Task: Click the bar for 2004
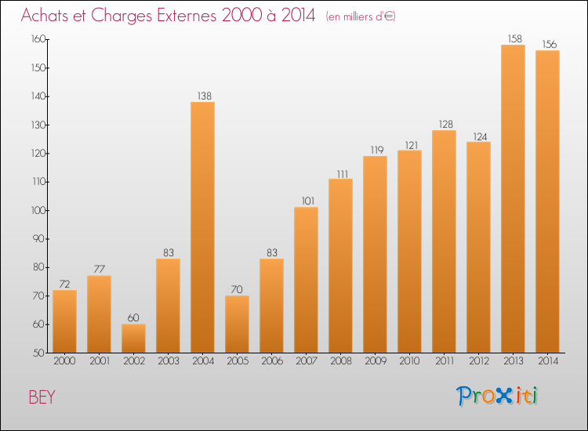point(202,227)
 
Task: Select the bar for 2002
point(133,339)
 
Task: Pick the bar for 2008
point(340,266)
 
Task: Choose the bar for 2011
point(444,241)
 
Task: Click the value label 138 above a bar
point(202,96)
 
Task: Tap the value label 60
point(133,317)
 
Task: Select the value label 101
point(306,201)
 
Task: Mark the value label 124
point(478,135)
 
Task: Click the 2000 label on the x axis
point(64,362)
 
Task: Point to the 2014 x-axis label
point(547,362)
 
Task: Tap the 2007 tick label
point(306,362)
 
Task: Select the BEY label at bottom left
point(42,397)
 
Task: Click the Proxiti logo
point(498,396)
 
